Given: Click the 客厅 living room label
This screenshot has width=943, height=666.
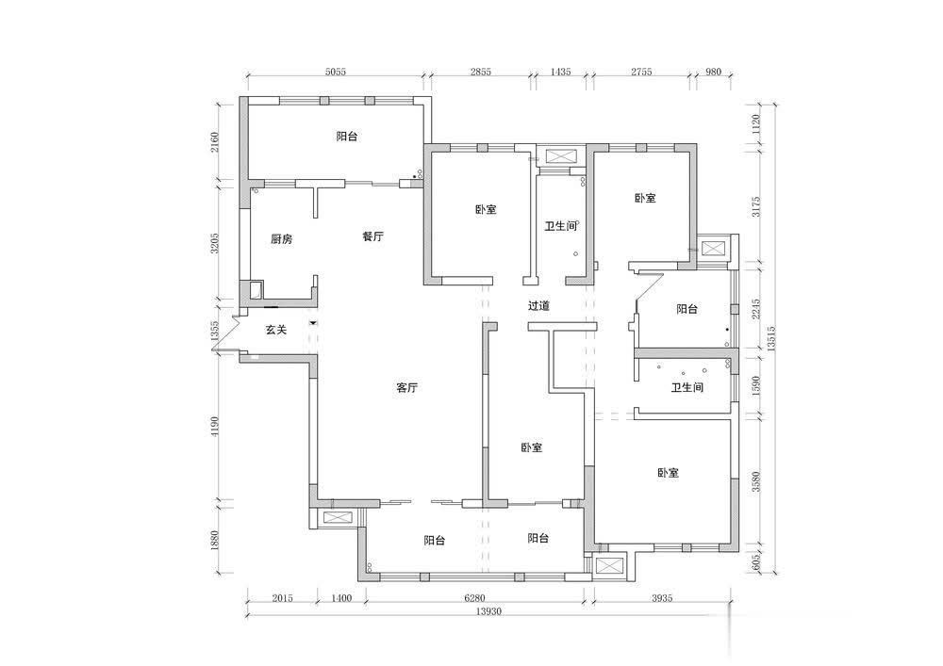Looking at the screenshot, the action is point(407,388).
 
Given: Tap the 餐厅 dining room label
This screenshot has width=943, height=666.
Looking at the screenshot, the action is point(372,236).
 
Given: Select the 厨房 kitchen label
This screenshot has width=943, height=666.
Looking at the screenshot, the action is point(281,239).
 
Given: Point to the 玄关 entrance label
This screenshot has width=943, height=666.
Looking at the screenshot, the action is point(276,330).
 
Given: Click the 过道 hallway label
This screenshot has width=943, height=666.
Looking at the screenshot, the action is point(538,305).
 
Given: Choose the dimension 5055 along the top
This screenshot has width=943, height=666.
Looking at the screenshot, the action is point(336,72).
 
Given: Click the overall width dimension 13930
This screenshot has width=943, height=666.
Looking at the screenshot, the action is point(488,611).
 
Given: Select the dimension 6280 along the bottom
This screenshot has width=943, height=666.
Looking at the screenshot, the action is point(474,598).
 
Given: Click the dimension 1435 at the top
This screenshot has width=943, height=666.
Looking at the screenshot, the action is point(560,72).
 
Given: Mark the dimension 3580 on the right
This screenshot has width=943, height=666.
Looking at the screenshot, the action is point(756,481).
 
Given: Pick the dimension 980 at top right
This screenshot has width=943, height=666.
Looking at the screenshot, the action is point(713,72).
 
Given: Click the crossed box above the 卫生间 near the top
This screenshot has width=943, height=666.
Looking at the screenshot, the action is point(560,156).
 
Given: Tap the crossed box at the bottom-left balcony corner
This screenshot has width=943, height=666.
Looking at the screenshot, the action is point(335,518).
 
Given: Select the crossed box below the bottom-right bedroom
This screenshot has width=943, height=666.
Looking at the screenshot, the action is point(610,567).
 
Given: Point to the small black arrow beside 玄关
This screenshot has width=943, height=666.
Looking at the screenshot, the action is point(313,323).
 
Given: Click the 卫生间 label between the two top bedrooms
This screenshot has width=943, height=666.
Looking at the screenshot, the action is point(560,226).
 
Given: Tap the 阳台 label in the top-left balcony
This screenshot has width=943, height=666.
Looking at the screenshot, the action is point(347,137).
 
